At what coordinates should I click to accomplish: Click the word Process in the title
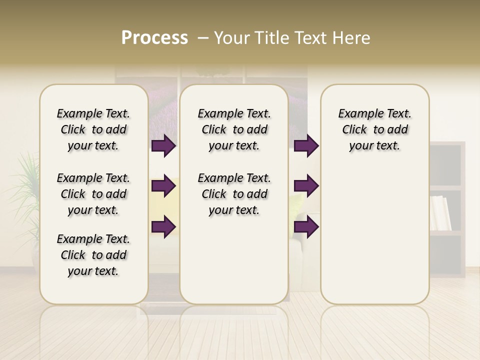click(154, 38)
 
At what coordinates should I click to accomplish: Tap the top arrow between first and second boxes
click(163, 146)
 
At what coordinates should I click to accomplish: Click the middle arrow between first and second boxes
click(163, 186)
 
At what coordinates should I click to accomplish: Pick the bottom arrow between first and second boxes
click(163, 226)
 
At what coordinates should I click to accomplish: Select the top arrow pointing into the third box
click(306, 146)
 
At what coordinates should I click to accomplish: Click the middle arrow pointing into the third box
click(306, 186)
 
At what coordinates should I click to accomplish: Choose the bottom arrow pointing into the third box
click(306, 226)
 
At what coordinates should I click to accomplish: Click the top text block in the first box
click(93, 129)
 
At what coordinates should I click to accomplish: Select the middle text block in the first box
click(93, 194)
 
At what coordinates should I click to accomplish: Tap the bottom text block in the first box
click(93, 255)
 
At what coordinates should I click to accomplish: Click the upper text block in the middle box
click(234, 129)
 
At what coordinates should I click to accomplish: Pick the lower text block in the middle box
click(234, 194)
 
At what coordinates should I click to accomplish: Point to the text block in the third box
click(375, 129)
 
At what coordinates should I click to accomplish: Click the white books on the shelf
click(440, 213)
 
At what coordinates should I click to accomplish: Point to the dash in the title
click(203, 38)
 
